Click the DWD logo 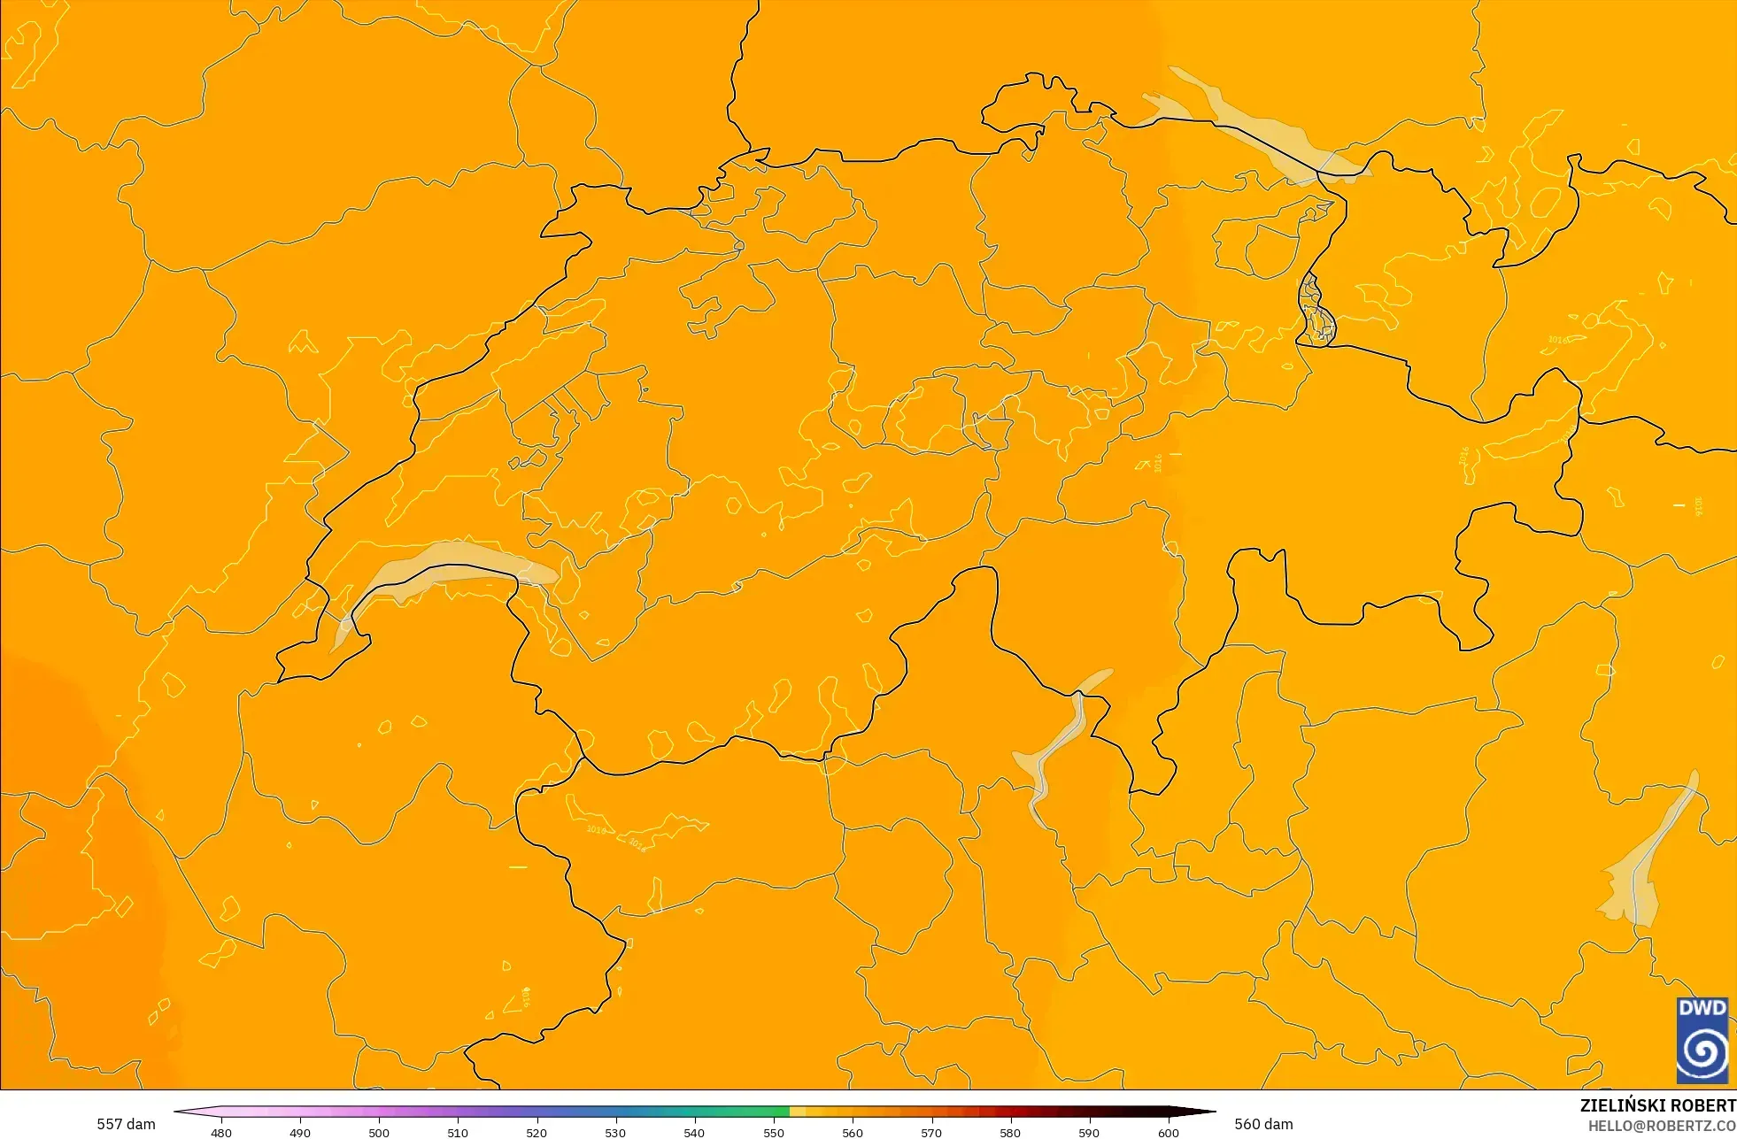click(1702, 1040)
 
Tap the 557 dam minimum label click(126, 1124)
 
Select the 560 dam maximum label click(1263, 1124)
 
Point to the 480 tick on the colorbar click(221, 1132)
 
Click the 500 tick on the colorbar click(379, 1132)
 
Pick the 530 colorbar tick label click(615, 1132)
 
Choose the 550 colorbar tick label click(774, 1132)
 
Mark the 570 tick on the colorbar click(931, 1132)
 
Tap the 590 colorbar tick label click(1089, 1132)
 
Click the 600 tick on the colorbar click(1169, 1132)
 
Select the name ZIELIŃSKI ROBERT click(1657, 1105)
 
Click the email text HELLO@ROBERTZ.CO click(1662, 1126)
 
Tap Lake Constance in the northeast click(1257, 124)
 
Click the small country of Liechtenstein click(1316, 310)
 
